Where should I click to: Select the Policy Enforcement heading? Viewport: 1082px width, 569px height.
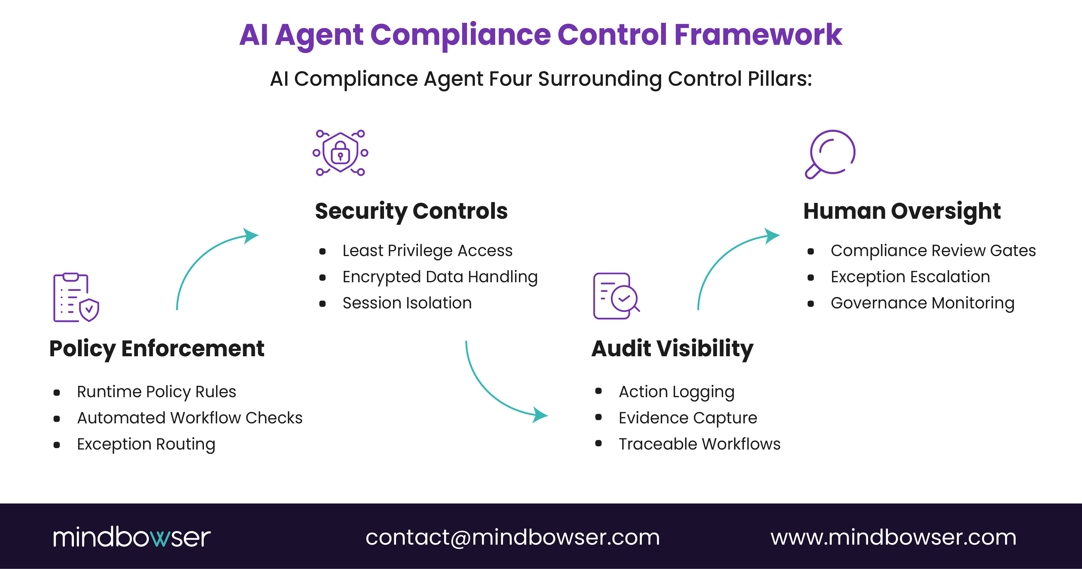pyautogui.click(x=157, y=349)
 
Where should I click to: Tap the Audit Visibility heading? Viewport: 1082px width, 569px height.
pyautogui.click(x=672, y=349)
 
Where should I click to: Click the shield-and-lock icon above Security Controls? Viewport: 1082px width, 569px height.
pyautogui.click(x=340, y=153)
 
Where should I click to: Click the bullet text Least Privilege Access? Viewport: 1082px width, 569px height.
pyautogui.click(x=427, y=251)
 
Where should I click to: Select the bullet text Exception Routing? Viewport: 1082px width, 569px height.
pyautogui.click(x=146, y=444)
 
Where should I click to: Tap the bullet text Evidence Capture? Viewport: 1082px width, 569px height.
pyautogui.click(x=687, y=418)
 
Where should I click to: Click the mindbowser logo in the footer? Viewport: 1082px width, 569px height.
pyautogui.click(x=132, y=537)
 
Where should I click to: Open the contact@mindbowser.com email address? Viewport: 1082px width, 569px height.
pyautogui.click(x=512, y=537)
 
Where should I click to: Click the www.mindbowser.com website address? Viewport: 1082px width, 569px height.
pyautogui.click(x=893, y=537)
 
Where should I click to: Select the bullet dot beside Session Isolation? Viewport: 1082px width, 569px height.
pyautogui.click(x=322, y=304)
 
